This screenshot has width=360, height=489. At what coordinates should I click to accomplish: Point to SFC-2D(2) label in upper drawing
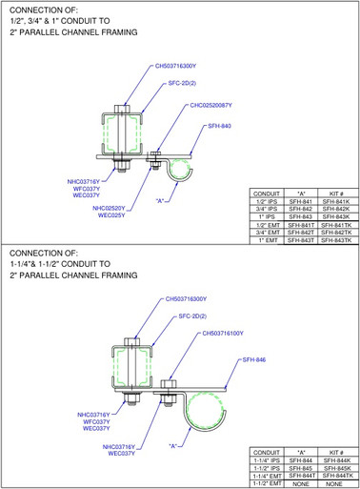(x=184, y=83)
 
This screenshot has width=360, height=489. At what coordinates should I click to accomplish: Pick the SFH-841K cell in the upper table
(x=332, y=203)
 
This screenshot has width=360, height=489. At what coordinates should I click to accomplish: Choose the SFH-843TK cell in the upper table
(x=332, y=240)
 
